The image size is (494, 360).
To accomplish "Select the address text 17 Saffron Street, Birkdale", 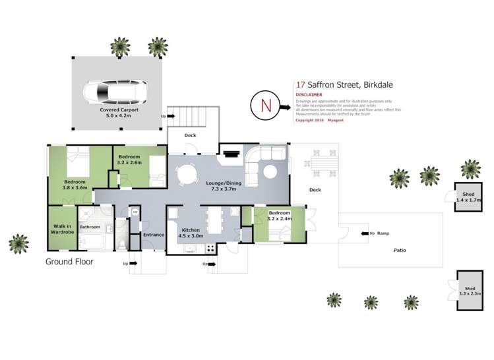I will pos(336,84).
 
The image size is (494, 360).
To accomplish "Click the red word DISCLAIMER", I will pos(309,94).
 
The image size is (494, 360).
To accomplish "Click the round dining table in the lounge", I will pos(187,174).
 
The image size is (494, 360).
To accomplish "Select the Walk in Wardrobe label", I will pos(62,229).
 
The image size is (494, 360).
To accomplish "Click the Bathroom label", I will pos(90,227).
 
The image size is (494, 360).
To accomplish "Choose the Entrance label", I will pos(154,235).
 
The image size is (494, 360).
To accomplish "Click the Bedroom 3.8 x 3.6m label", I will pos(75,185).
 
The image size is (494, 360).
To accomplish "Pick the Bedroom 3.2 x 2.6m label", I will pos(129,159).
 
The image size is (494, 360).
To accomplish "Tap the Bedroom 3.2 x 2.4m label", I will pos(280,216).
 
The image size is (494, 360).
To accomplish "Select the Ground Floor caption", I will pos(69,261).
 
